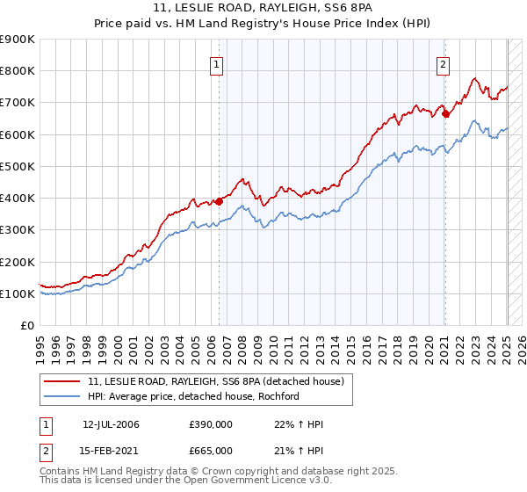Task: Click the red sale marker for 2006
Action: (x=219, y=201)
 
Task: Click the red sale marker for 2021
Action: (x=445, y=113)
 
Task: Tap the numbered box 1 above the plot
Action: (x=216, y=63)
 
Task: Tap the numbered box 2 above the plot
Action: (x=444, y=63)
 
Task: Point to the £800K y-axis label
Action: (x=18, y=71)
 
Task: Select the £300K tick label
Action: (x=18, y=230)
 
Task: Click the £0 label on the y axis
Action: (x=27, y=326)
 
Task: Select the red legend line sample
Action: (x=61, y=380)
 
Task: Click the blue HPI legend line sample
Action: (x=61, y=396)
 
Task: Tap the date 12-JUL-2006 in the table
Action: (x=112, y=424)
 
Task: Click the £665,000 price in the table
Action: (x=212, y=451)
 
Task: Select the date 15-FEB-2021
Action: (x=112, y=451)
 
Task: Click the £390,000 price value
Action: (x=212, y=424)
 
